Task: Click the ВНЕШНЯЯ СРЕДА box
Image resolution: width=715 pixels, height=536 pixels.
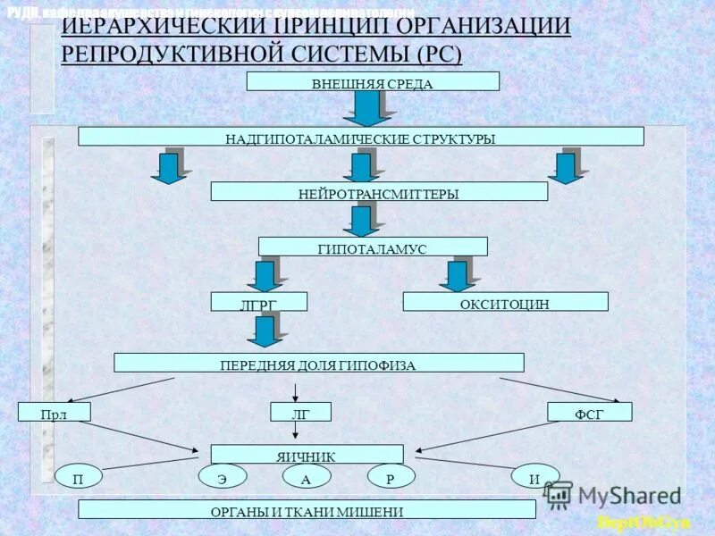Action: point(373,82)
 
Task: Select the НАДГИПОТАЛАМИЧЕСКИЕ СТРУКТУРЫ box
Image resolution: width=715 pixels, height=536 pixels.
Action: point(360,137)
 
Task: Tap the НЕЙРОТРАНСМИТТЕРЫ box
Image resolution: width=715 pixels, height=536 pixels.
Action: point(379,191)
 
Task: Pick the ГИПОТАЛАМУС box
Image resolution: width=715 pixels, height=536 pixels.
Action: point(373,247)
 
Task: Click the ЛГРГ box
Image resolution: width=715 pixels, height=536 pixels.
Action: point(259,302)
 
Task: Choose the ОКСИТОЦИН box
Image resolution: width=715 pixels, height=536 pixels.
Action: point(505,302)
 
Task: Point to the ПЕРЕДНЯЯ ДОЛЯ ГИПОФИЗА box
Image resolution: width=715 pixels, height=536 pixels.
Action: point(318,363)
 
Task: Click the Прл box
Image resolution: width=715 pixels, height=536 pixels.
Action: point(55,412)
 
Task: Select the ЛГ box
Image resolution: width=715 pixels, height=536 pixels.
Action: point(300,412)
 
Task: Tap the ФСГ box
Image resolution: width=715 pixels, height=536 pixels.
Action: point(590,412)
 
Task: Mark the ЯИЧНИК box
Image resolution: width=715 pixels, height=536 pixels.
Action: point(307,455)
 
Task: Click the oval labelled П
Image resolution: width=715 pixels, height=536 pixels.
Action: point(78,477)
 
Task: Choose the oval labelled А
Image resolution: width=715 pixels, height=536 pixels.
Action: point(307,477)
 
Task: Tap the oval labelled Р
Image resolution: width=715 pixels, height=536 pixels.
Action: point(391,477)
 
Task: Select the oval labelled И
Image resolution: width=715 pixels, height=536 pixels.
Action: point(534,477)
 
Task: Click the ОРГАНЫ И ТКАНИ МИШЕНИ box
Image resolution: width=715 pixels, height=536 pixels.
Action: point(307,510)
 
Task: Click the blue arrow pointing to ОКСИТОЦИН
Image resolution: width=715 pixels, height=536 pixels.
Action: point(458,274)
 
